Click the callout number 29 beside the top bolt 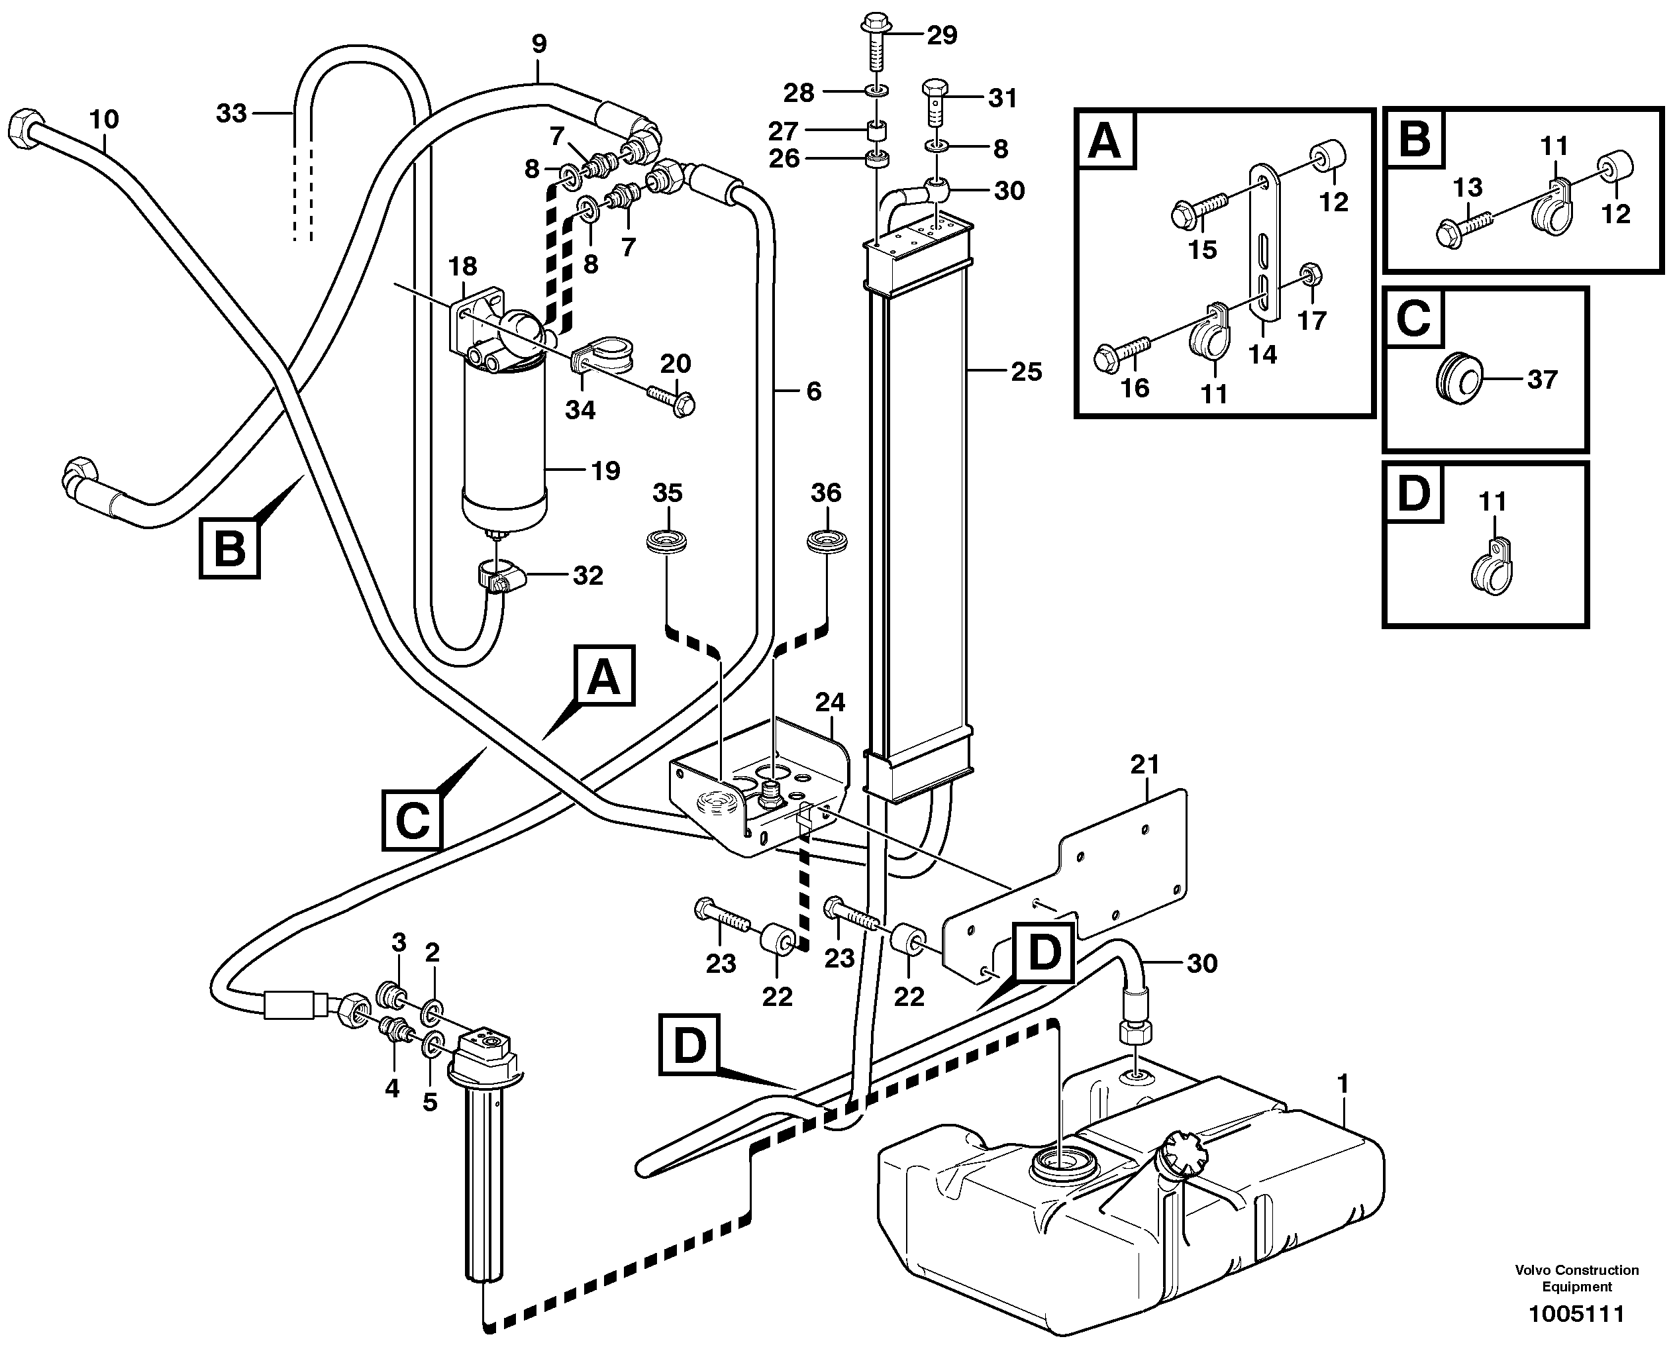pos(942,36)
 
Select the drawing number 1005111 pos(1576,1315)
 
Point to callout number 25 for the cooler pos(1026,372)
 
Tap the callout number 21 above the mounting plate pos(1144,765)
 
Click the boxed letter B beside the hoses pos(230,550)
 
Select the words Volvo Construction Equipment pos(1576,1278)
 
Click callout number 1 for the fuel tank pos(1343,1083)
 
